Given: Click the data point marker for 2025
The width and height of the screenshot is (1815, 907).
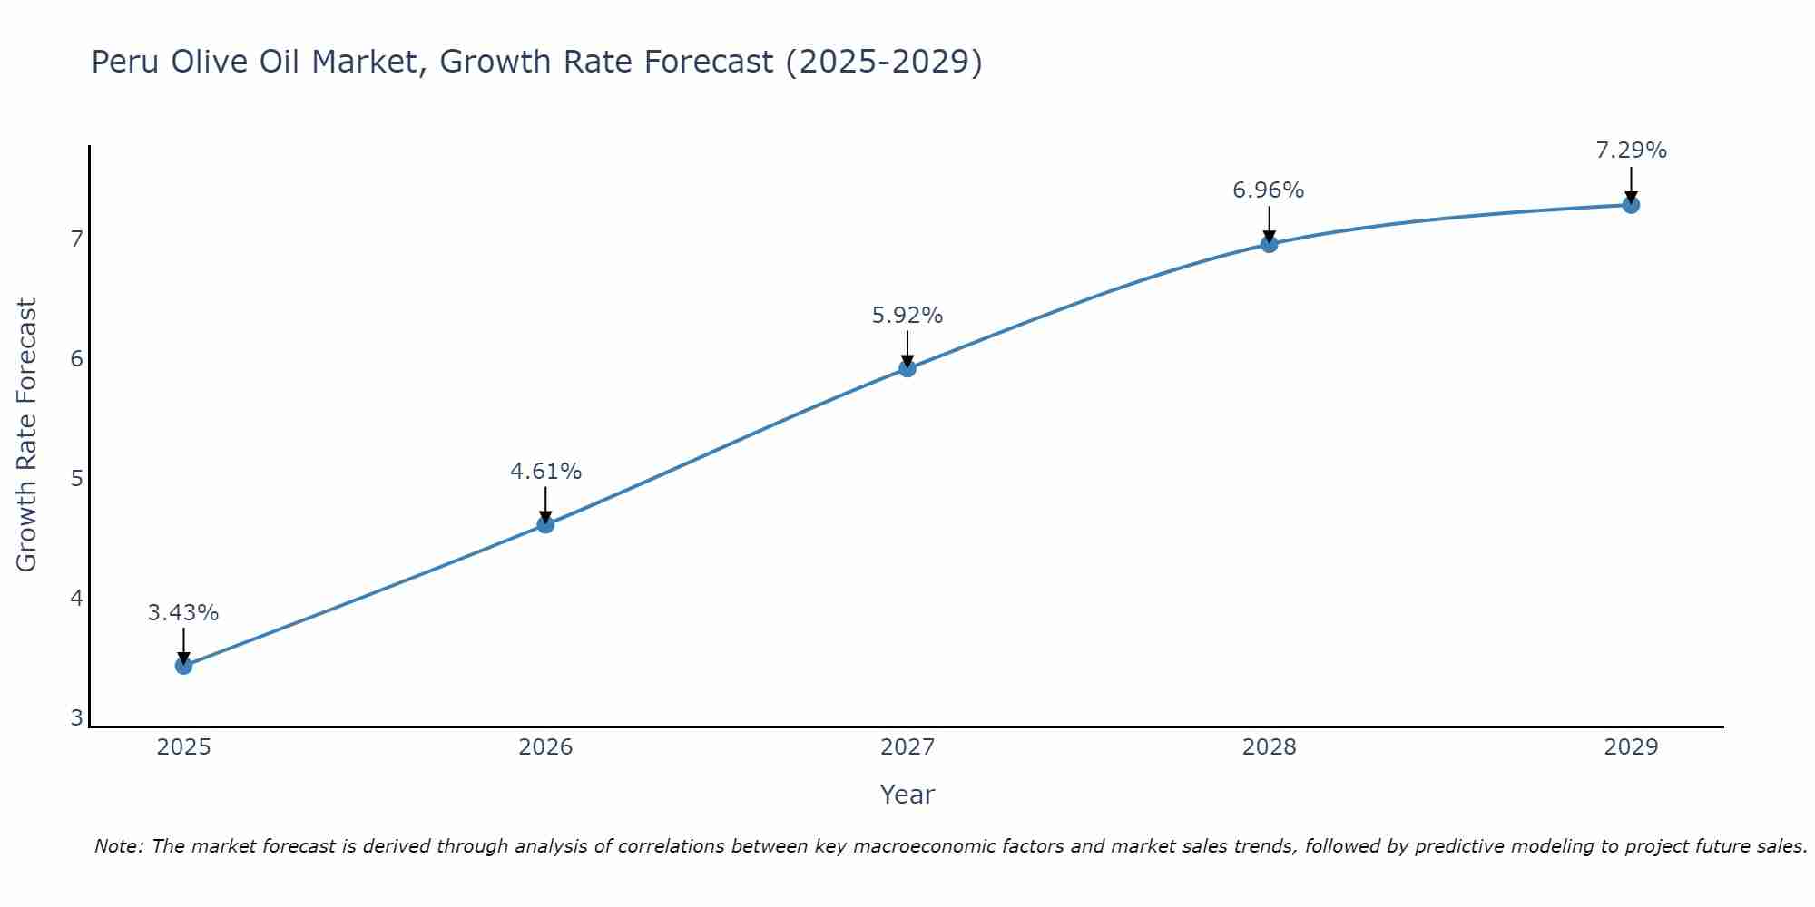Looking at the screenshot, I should (183, 666).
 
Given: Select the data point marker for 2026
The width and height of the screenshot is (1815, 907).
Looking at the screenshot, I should (545, 524).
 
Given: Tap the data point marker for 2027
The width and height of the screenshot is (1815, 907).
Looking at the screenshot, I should (907, 368).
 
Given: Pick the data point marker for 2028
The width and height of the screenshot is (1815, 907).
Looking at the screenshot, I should (1269, 244).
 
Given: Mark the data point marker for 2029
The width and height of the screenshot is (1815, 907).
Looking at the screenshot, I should (1631, 205).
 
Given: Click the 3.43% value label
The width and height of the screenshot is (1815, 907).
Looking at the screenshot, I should (183, 613).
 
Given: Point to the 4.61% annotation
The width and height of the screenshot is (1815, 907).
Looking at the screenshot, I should (545, 472).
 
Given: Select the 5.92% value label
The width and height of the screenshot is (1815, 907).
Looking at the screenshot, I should (907, 316).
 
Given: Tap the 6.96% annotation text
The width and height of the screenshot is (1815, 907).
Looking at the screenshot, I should (1269, 190).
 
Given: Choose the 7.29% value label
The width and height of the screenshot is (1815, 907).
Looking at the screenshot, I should (1631, 151).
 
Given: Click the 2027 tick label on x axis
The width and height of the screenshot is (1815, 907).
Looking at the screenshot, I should (907, 747).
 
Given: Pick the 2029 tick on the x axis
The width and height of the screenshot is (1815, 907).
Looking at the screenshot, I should (1631, 747).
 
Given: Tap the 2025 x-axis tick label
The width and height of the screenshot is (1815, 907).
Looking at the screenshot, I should (183, 747).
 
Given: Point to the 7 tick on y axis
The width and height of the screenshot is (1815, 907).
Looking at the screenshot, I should (76, 239).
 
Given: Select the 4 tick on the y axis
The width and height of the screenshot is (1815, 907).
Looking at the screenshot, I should (76, 599).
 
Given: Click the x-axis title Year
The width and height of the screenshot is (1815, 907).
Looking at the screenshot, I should (907, 795).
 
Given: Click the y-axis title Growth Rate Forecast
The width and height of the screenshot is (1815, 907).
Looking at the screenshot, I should (27, 435).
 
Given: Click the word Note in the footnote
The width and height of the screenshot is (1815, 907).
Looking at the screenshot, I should (118, 846).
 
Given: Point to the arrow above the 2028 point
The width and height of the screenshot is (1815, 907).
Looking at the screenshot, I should (1269, 223).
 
